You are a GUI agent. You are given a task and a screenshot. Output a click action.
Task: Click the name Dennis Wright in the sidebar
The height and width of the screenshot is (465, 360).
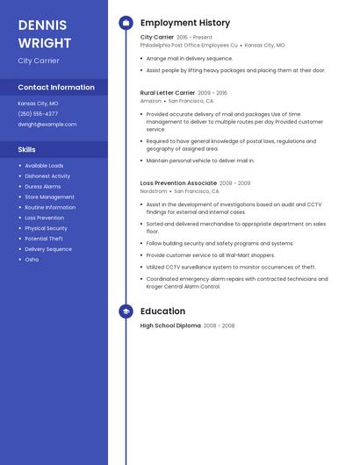point(45,33)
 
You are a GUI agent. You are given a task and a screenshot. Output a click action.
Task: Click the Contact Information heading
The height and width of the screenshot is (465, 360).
point(56,87)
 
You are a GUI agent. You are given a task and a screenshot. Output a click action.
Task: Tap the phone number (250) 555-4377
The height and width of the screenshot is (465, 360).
point(38,113)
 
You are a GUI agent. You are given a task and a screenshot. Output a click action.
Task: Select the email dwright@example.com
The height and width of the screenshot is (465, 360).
point(47,124)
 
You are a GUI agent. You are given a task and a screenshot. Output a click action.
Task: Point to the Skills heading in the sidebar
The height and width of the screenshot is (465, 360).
point(26,149)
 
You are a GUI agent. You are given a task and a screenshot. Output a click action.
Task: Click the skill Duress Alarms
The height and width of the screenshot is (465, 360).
point(43,186)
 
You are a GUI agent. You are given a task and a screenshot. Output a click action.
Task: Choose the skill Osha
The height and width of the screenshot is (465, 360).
point(32,259)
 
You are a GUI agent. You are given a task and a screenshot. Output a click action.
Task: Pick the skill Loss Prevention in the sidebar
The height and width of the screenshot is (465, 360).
point(44,218)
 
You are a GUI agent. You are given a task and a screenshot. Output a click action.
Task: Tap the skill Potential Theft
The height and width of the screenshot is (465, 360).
point(44,239)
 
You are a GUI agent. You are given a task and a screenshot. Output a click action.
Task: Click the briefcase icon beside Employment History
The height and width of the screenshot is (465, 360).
point(126,23)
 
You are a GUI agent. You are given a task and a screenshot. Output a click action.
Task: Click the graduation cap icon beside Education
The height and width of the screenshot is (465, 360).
point(126,311)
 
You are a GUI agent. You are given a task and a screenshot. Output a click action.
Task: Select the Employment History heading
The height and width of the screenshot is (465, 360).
point(185,23)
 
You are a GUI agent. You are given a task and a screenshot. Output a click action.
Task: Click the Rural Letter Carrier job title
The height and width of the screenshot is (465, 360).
point(168,92)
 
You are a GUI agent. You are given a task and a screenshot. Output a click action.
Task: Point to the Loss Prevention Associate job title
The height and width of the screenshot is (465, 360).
point(178,183)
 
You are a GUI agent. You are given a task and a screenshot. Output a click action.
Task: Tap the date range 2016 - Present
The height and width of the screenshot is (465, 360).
point(194,38)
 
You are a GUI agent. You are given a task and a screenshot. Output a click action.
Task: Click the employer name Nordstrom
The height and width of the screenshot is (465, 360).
point(154,191)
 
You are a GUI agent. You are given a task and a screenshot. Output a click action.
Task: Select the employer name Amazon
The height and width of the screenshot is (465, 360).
point(151,100)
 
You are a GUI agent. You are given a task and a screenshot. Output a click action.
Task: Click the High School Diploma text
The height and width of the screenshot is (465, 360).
point(170,325)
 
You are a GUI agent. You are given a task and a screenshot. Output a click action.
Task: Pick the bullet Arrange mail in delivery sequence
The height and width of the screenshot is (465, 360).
point(189,59)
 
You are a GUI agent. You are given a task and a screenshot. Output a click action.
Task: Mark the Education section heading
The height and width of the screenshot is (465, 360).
point(162,311)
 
